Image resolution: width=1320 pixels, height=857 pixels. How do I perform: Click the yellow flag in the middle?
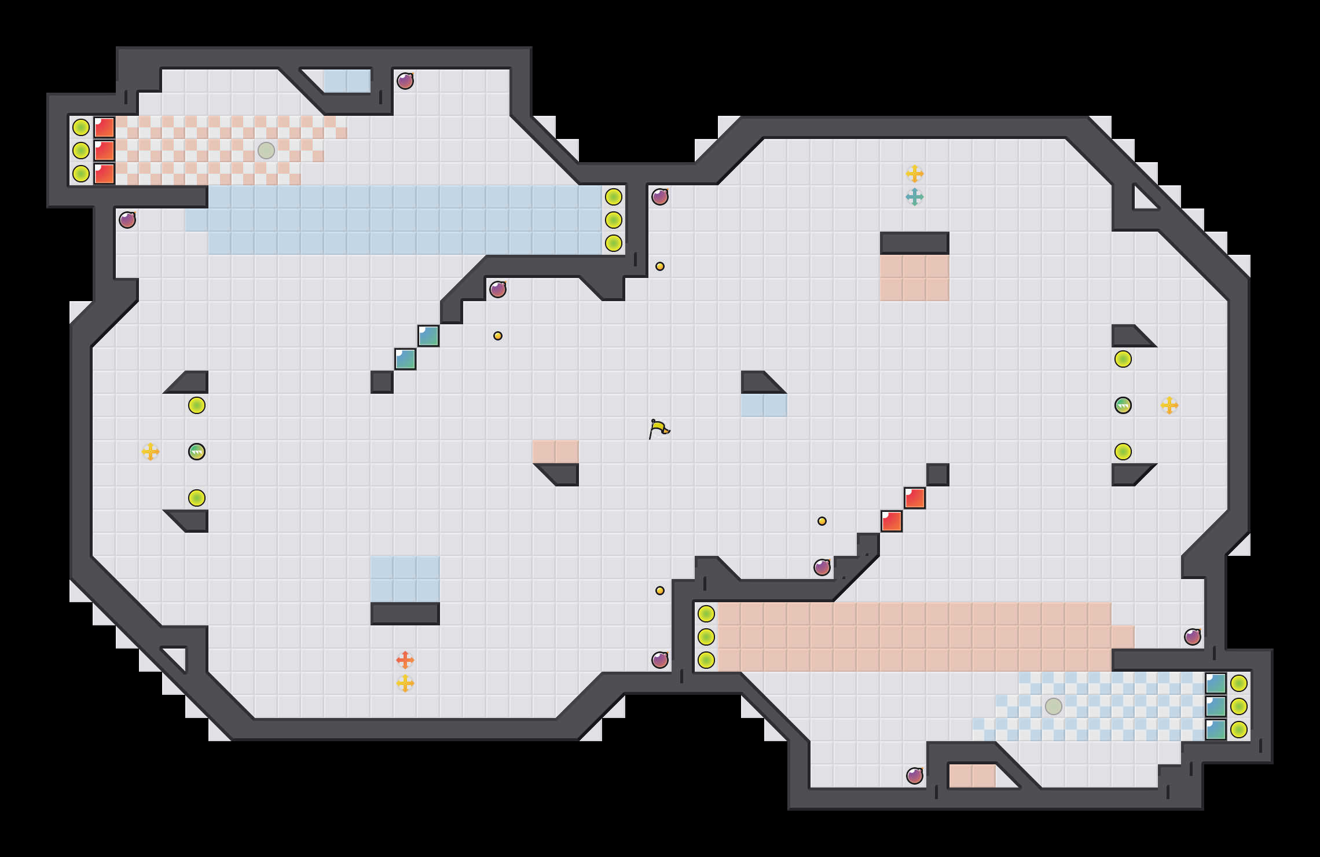tap(659, 429)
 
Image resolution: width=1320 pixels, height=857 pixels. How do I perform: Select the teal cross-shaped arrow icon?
tap(915, 197)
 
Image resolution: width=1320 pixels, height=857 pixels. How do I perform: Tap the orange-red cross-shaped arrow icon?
tap(405, 660)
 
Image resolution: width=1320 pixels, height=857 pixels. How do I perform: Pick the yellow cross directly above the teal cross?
tap(915, 173)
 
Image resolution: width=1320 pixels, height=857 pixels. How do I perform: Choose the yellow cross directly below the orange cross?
tap(405, 683)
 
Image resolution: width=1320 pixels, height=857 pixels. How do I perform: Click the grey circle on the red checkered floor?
tap(266, 151)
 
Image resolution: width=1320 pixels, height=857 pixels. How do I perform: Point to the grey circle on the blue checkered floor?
tap(1054, 706)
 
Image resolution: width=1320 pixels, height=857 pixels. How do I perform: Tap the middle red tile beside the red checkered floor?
tap(104, 151)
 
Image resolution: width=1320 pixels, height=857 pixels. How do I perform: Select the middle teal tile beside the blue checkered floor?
tap(1216, 706)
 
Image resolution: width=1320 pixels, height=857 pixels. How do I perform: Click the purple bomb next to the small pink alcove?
tap(915, 776)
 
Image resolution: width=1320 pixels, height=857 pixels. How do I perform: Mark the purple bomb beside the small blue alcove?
tap(405, 81)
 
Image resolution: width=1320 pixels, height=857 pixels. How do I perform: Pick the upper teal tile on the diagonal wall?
tap(428, 336)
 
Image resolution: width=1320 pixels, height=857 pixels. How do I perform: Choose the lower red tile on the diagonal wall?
tap(892, 521)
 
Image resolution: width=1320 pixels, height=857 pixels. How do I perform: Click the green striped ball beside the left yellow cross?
tap(197, 452)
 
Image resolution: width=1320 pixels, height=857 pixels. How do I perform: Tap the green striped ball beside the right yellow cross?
tap(1123, 405)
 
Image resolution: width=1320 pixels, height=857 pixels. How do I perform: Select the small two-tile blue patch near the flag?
tap(764, 405)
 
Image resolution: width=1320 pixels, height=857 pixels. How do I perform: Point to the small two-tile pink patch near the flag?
tap(555, 452)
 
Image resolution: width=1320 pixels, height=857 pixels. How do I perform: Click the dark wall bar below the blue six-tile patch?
tap(405, 614)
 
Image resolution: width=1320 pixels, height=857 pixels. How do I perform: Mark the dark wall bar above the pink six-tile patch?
tap(915, 243)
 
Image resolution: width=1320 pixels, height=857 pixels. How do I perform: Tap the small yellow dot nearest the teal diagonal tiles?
tap(498, 336)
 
